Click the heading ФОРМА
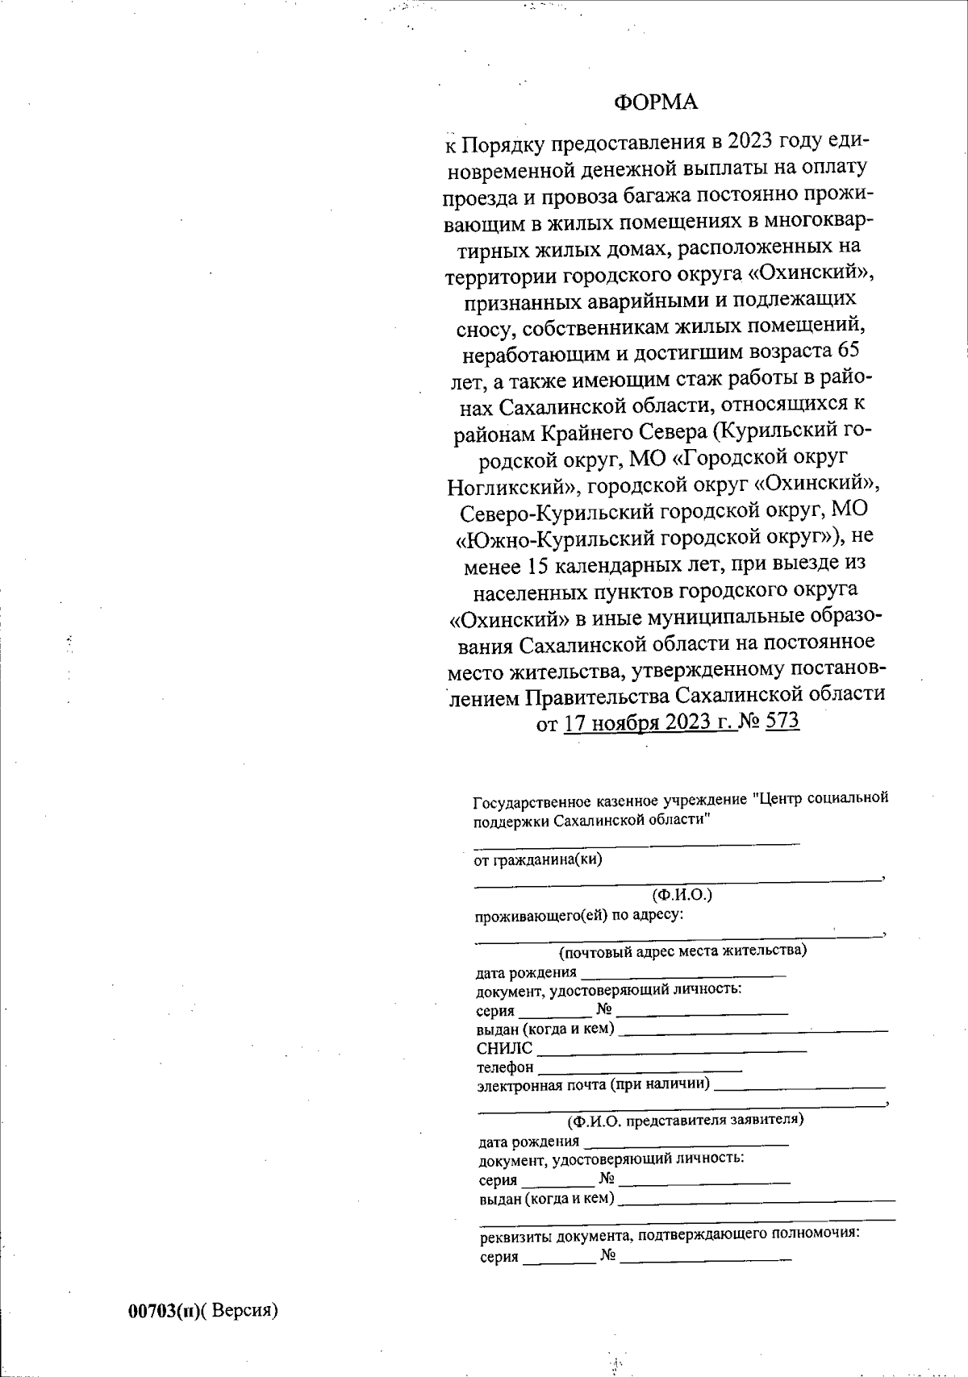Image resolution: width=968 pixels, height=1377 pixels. pos(655,102)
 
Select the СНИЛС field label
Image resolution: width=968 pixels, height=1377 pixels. pos(504,1049)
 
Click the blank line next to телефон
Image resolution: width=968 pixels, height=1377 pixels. pos(639,1069)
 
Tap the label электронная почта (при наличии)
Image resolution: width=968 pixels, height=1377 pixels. pos(593,1084)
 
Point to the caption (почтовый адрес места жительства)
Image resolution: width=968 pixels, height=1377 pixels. pos(682,950)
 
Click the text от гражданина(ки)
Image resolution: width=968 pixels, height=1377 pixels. pos(537,859)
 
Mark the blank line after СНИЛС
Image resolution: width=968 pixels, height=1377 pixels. pos(671,1050)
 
